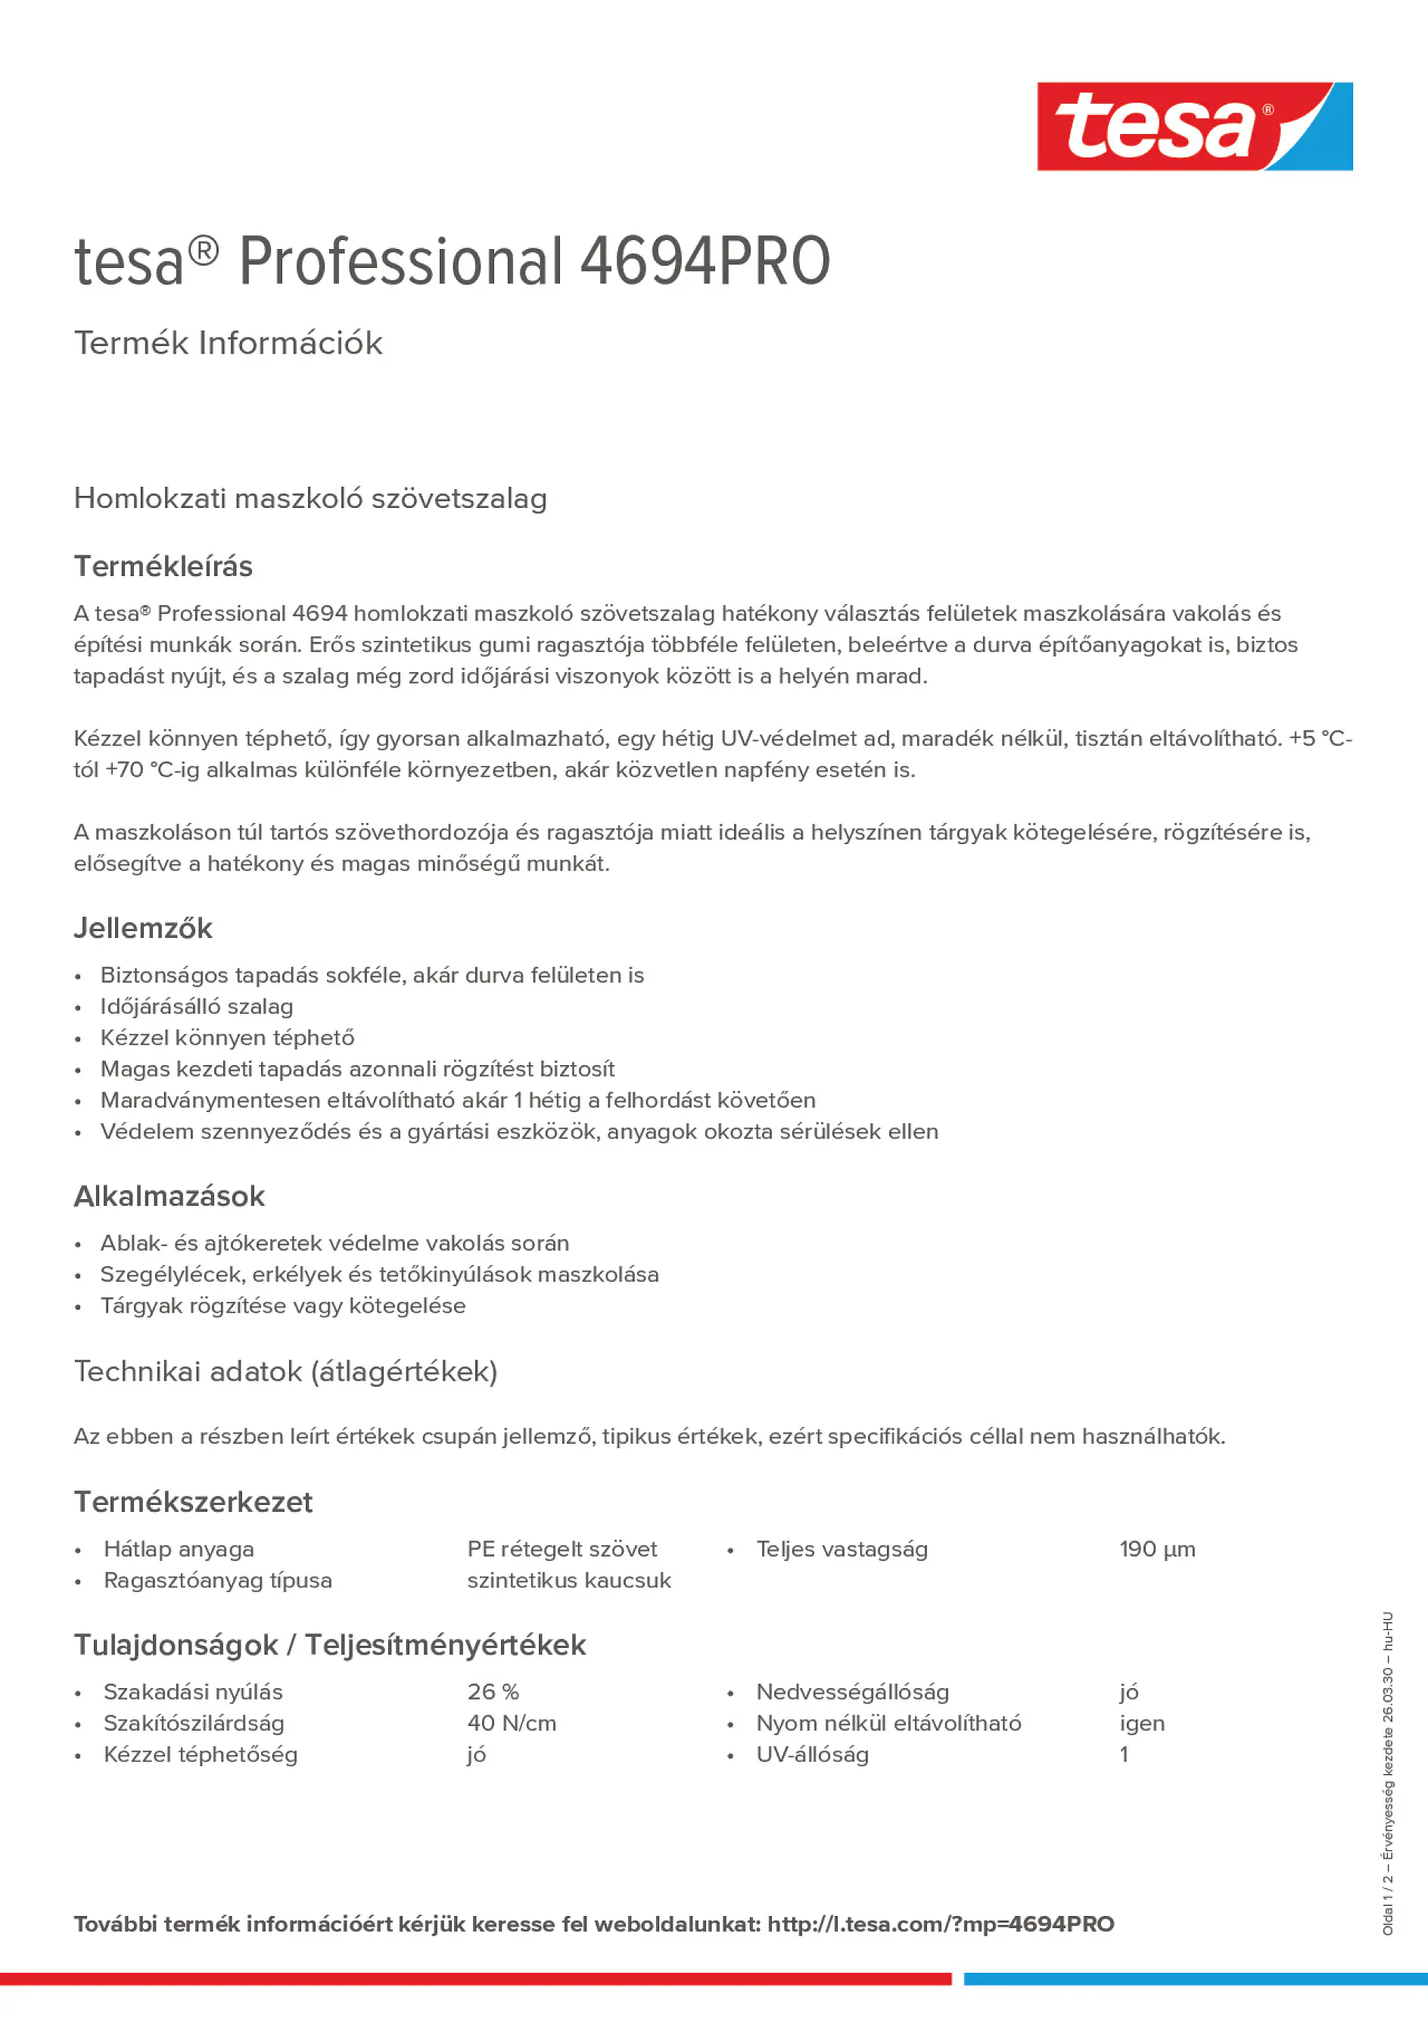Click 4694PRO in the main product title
(705, 262)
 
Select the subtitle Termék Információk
(228, 343)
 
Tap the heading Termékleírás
(163, 566)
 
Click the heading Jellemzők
(142, 928)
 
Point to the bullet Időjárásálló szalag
(196, 1007)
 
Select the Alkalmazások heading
(169, 1196)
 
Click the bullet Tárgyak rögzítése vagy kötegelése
(282, 1305)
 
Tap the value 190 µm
(1157, 1549)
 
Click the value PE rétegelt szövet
(562, 1549)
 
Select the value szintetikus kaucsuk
(569, 1580)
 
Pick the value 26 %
(493, 1692)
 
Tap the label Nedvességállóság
(852, 1692)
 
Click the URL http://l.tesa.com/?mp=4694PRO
(940, 1924)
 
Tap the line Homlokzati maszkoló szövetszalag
(310, 498)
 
